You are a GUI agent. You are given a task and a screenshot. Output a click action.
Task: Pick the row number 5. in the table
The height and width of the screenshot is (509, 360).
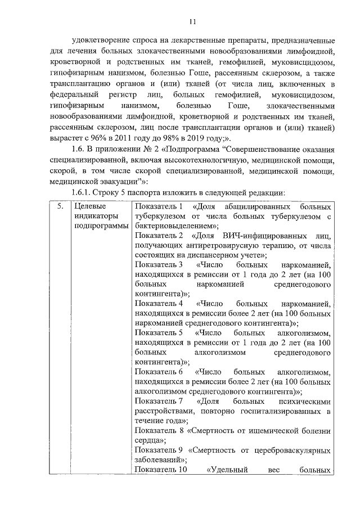point(60,206)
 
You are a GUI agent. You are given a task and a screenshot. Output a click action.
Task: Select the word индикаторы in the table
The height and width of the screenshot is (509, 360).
point(95,216)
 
